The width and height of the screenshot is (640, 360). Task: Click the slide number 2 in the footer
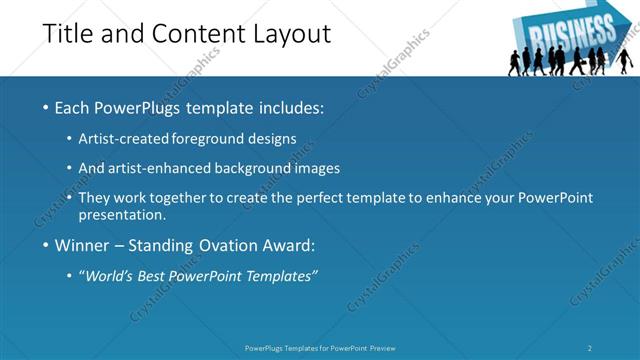pyautogui.click(x=590, y=348)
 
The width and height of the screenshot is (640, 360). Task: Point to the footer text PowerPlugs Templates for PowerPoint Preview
pyautogui.click(x=320, y=348)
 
